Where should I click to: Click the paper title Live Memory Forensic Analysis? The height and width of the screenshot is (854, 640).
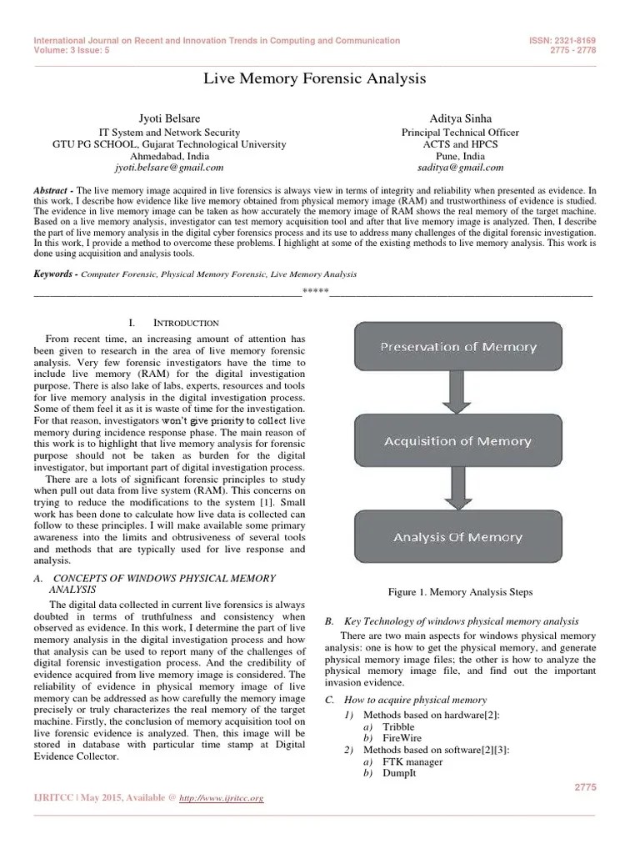315,78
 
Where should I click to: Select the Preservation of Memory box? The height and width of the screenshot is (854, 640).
458,346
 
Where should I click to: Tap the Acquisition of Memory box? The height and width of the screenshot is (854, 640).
457,441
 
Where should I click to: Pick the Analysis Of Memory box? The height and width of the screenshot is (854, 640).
457,538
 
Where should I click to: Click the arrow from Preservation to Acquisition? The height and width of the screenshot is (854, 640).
457,392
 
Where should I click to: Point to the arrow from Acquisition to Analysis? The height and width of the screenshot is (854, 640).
457,489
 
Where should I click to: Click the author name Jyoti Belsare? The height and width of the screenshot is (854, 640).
169,118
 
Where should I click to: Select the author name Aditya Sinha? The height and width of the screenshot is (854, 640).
460,118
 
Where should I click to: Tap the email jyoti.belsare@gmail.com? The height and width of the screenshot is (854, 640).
169,167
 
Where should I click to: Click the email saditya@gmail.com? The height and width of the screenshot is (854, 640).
460,167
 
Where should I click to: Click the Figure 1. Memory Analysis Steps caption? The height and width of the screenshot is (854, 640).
460,591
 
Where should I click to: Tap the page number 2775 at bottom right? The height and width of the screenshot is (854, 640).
587,786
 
